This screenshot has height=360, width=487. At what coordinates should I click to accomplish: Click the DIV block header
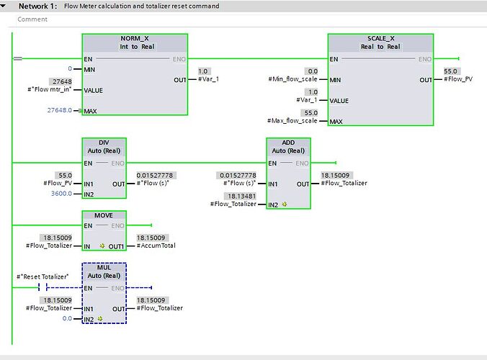click(x=103, y=142)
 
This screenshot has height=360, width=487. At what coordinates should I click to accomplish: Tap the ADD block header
click(x=288, y=142)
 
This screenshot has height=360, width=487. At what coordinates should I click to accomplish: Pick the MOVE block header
click(x=103, y=215)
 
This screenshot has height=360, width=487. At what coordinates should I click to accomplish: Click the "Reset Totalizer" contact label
click(x=43, y=277)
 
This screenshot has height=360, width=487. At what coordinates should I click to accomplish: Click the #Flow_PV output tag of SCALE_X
click(x=458, y=78)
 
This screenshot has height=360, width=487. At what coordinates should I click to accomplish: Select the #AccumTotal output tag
click(x=156, y=246)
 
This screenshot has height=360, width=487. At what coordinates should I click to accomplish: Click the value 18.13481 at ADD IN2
click(x=241, y=195)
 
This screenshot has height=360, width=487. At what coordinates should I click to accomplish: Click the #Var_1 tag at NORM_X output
click(x=209, y=78)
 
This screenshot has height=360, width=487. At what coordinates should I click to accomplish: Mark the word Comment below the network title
click(x=32, y=19)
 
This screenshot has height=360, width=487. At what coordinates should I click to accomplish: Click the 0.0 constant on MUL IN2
click(x=67, y=318)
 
